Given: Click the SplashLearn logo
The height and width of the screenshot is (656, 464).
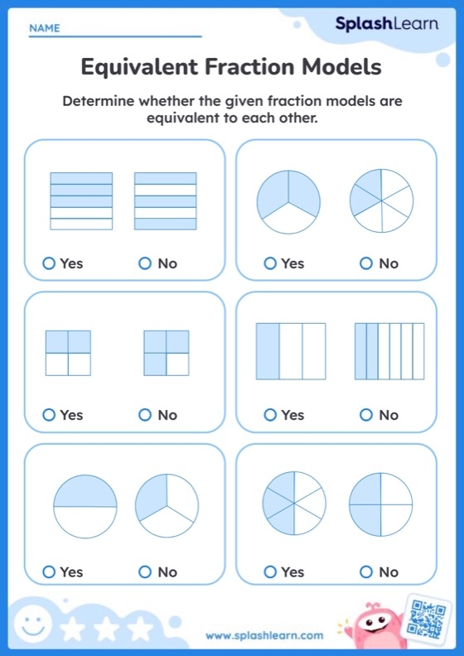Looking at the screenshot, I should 386,24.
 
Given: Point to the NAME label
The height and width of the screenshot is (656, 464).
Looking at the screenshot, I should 45,28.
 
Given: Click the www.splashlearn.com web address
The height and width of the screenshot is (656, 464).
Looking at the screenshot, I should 264,635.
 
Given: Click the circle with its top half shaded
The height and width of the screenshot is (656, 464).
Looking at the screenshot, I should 85,506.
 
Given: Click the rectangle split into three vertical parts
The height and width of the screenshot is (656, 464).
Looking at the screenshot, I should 291,351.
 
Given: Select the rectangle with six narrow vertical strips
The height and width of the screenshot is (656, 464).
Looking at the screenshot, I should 389,351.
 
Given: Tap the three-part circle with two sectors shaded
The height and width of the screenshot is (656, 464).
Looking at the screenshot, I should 288,200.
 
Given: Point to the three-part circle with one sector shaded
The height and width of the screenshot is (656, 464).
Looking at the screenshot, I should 167,506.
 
